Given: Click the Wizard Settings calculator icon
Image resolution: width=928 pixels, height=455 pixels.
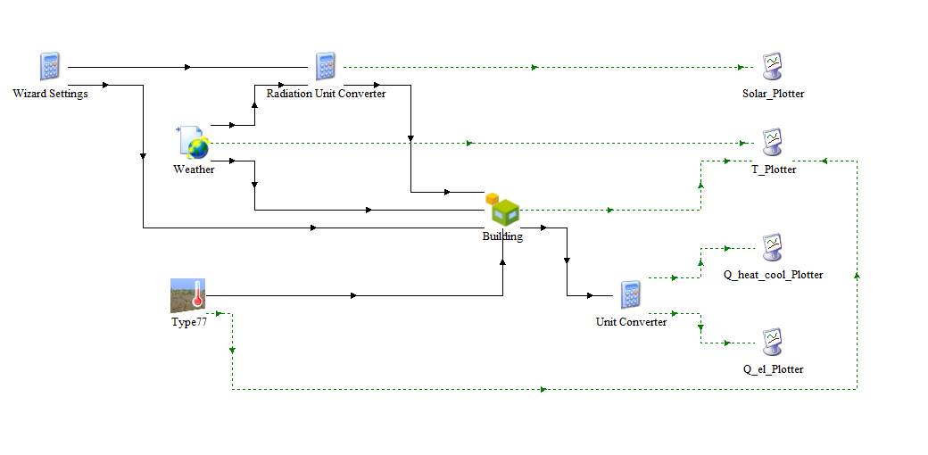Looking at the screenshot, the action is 50,66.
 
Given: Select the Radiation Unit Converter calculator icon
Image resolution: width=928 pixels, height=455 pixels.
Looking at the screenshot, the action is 325,66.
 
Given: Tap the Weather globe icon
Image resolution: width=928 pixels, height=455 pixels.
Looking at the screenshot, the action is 193,143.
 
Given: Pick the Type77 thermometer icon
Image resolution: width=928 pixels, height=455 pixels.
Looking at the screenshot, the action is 187,295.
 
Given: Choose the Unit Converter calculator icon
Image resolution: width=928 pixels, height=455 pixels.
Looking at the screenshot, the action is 630,294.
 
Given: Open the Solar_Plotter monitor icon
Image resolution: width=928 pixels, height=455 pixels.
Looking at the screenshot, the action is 773,66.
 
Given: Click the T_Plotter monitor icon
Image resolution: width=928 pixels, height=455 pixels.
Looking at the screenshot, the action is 773,143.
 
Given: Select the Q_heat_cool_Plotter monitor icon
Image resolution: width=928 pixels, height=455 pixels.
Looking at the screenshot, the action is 773,247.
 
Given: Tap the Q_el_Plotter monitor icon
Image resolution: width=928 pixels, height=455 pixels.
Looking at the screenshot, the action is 773,342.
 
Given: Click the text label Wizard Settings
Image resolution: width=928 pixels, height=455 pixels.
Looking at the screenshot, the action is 50,94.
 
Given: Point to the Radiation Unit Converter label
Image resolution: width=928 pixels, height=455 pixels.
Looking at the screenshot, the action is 326,94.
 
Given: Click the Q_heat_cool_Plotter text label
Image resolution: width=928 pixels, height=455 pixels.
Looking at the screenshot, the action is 774,275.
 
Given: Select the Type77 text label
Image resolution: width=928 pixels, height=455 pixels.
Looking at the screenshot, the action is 189,322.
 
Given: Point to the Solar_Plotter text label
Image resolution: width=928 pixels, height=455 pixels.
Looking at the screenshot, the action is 774,94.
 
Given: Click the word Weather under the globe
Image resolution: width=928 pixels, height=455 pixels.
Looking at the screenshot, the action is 194,170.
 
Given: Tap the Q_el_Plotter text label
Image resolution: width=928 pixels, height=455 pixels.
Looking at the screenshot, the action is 774,369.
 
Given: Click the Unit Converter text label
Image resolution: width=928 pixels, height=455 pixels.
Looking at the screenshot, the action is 631,322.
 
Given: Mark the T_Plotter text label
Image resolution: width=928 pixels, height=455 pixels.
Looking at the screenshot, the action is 774,170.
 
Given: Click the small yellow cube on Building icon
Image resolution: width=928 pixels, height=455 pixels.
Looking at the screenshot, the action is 493,199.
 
